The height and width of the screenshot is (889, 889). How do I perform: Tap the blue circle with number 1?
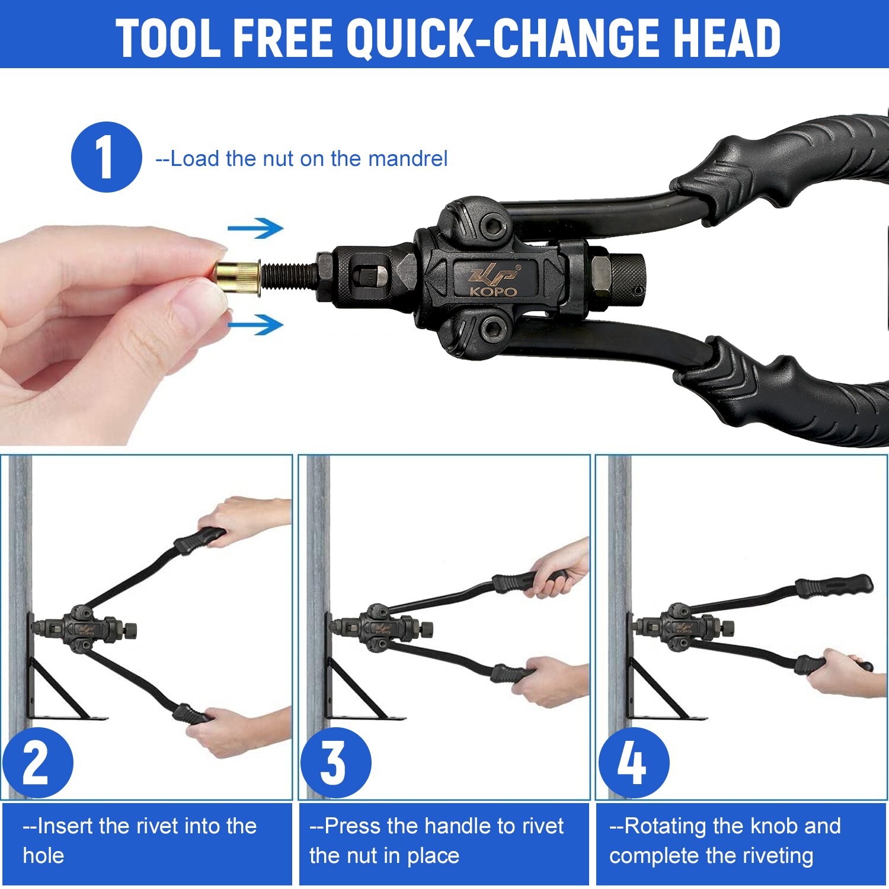click(x=107, y=157)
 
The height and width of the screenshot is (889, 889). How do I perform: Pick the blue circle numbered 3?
click(x=335, y=763)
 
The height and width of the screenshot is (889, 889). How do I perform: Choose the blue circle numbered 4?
click(x=634, y=763)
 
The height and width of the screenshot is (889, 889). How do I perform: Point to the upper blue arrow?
click(x=255, y=228)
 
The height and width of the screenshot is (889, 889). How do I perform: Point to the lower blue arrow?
click(x=255, y=324)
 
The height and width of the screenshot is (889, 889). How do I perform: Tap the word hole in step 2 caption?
click(x=43, y=856)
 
